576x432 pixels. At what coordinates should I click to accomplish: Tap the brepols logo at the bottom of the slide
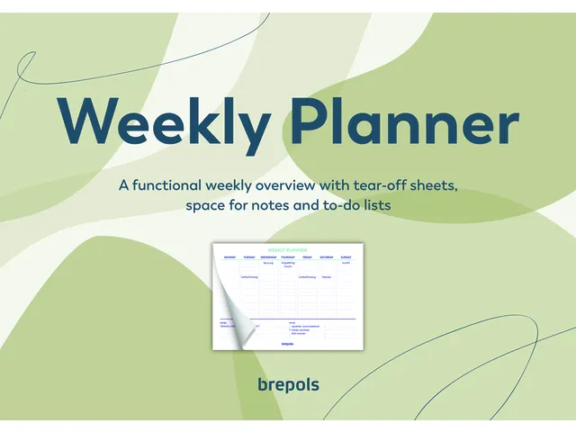(x=288, y=385)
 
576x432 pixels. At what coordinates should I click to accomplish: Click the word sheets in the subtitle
(x=429, y=185)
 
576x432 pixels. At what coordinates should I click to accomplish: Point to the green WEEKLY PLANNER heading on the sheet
(x=288, y=249)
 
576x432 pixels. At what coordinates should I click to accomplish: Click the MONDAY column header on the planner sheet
(x=229, y=256)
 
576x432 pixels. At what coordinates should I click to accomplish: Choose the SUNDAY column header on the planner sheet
(x=346, y=256)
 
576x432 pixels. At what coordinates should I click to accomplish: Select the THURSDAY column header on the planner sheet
(x=288, y=256)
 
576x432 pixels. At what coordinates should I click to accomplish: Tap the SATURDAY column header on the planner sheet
(x=327, y=256)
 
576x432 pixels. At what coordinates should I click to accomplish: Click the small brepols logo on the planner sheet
(x=288, y=343)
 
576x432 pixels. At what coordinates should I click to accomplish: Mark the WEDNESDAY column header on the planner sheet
(x=268, y=256)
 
